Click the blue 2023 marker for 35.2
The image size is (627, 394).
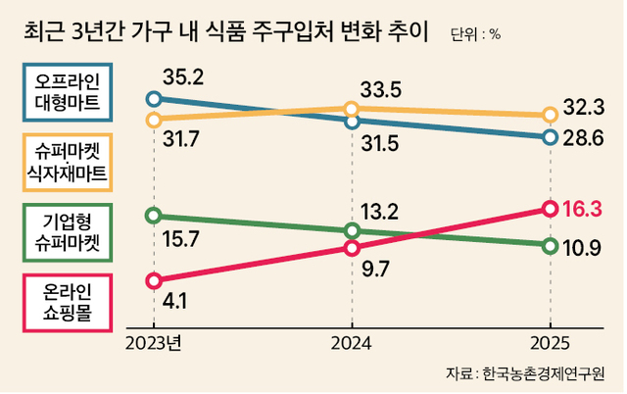point(153,98)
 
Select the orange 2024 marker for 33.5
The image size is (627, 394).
point(352,109)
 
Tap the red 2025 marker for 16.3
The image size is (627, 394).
point(550,208)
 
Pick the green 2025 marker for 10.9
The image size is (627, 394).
point(550,245)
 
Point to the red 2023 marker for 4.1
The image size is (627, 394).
point(153,281)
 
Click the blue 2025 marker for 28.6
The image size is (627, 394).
point(550,137)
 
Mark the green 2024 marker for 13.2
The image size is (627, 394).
point(352,231)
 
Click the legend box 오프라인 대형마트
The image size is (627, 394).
point(67,89)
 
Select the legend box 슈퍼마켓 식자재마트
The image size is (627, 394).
point(67,162)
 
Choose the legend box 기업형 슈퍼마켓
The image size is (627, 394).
point(67,231)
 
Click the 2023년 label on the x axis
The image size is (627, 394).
point(155,342)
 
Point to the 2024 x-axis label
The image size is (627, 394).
point(352,342)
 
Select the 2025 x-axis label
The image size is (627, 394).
point(550,342)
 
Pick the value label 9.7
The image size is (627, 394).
point(376,267)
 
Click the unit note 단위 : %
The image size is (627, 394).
point(475,35)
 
